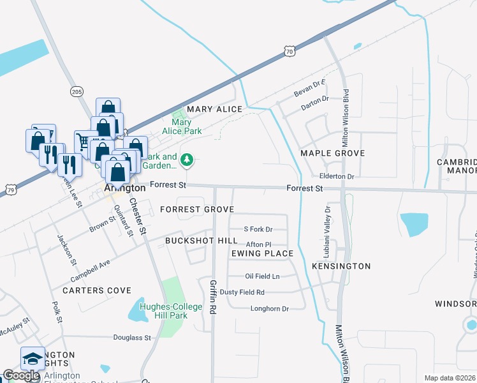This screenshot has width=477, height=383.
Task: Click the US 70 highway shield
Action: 290,50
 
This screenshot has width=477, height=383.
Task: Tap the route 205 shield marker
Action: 77,92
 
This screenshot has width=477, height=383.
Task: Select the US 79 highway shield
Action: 8,190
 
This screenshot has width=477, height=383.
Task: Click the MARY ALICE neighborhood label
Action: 214,109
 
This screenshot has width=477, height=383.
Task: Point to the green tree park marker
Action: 187,161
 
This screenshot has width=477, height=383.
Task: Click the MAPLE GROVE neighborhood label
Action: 332,153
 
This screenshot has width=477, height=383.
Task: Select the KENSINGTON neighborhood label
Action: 341,266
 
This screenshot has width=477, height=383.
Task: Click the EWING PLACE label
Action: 262,253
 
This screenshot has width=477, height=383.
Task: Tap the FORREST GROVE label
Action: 197,209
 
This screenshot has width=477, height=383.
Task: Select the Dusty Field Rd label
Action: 260,292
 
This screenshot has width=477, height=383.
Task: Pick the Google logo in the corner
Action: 21,375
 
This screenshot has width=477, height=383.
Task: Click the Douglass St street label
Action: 132,338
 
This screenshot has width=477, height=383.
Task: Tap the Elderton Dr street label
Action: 337,176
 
